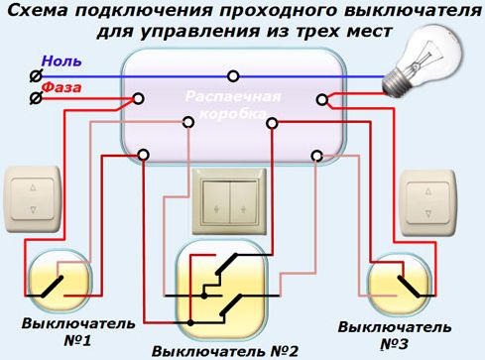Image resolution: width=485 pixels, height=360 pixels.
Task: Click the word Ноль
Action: tap(61, 61)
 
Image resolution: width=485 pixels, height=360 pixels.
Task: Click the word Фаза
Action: tap(61, 87)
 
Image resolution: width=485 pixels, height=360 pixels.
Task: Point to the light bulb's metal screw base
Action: tap(394, 83)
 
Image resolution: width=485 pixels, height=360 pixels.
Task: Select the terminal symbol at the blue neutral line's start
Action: tap(36, 76)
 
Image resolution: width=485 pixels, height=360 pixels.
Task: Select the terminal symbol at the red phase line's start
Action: tap(36, 98)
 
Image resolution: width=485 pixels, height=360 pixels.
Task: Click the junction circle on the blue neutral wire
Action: tap(233, 76)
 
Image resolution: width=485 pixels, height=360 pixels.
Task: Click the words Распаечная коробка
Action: tap(233, 105)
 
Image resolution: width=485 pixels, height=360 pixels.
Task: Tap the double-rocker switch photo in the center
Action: tap(229, 201)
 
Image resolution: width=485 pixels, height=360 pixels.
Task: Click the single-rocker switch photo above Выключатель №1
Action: tap(33, 199)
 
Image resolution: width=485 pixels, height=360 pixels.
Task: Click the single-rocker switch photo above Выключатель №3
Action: tap(428, 202)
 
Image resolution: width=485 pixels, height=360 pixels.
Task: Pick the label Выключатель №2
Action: tap(225, 351)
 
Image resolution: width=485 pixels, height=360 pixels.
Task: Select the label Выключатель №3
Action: tap(395, 335)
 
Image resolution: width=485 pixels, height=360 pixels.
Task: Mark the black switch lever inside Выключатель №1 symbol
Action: tap(53, 287)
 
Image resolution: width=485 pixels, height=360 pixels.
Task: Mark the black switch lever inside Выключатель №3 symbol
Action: tap(409, 287)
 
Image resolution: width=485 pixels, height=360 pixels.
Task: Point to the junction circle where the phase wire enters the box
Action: tap(138, 98)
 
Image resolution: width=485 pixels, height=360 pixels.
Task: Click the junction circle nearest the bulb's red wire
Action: tap(322, 99)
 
